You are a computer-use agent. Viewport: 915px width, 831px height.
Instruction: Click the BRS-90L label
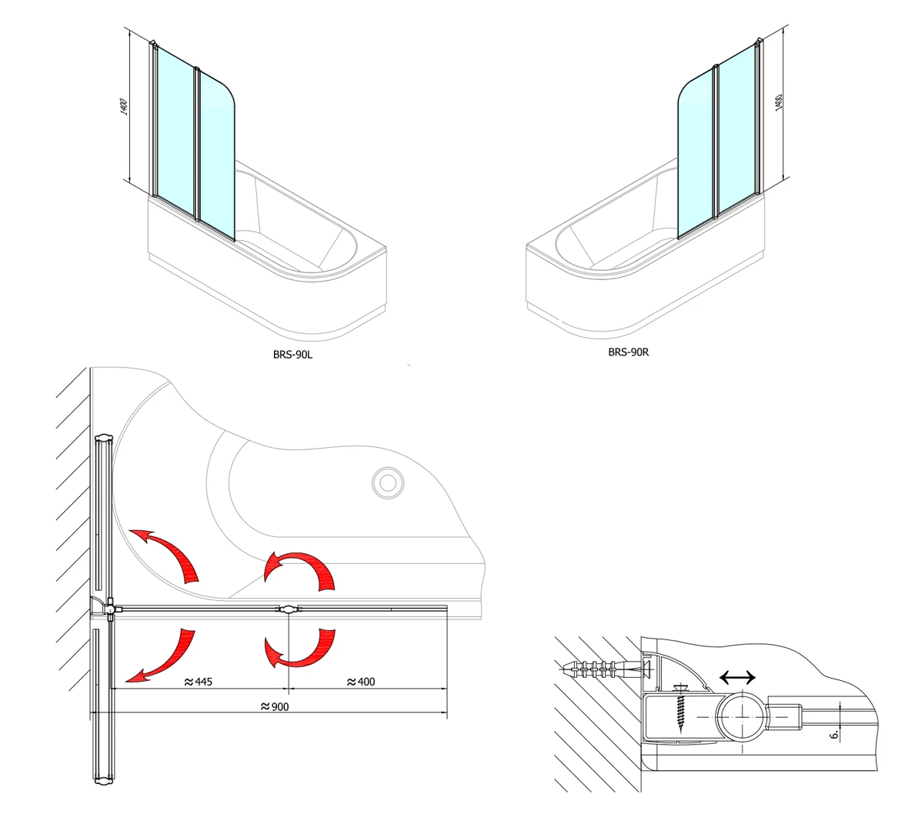[293, 354]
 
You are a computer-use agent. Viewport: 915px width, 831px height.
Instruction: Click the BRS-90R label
[629, 352]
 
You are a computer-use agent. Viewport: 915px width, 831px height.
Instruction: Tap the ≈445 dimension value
[198, 682]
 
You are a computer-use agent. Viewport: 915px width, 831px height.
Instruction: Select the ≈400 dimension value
[361, 682]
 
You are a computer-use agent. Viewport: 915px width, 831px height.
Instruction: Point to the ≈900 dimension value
[274, 706]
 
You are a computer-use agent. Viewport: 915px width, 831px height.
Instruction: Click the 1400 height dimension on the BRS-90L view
[123, 107]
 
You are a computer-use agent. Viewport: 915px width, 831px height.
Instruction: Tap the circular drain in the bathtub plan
[388, 482]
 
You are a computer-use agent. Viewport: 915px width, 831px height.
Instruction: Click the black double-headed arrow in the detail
[737, 677]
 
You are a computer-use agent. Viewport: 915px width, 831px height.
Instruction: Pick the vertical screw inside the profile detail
[680, 708]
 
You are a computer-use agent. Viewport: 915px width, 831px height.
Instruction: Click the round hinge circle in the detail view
[740, 716]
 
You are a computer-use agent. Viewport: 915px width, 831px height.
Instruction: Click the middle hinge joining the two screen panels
[289, 609]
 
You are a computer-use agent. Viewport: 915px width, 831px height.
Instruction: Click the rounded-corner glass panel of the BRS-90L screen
[217, 155]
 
